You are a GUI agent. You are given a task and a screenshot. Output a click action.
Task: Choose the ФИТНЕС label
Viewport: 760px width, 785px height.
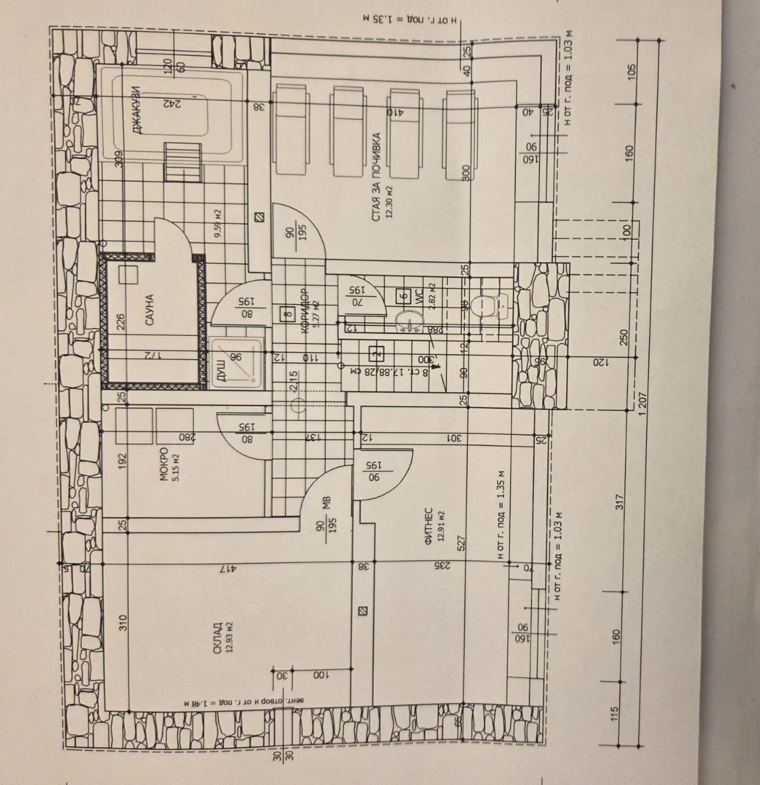(428, 528)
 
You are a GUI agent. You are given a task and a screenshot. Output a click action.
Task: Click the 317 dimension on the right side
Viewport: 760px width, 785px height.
(618, 502)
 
